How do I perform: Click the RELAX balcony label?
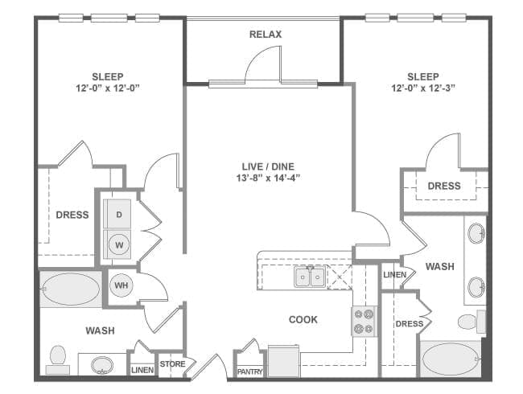pos(265,35)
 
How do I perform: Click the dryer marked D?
pos(119,214)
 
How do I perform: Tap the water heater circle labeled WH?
pos(121,285)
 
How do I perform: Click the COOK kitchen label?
pos(303,319)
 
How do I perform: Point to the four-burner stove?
pos(364,321)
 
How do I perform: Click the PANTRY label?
pos(249,371)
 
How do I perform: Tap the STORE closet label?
pos(172,364)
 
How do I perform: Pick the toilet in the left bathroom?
pos(57,359)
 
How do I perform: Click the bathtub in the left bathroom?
pos(71,289)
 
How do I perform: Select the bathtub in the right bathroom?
pos(450,359)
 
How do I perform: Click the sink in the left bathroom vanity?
pos(102,366)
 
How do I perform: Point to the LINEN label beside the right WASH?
pos(394,275)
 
